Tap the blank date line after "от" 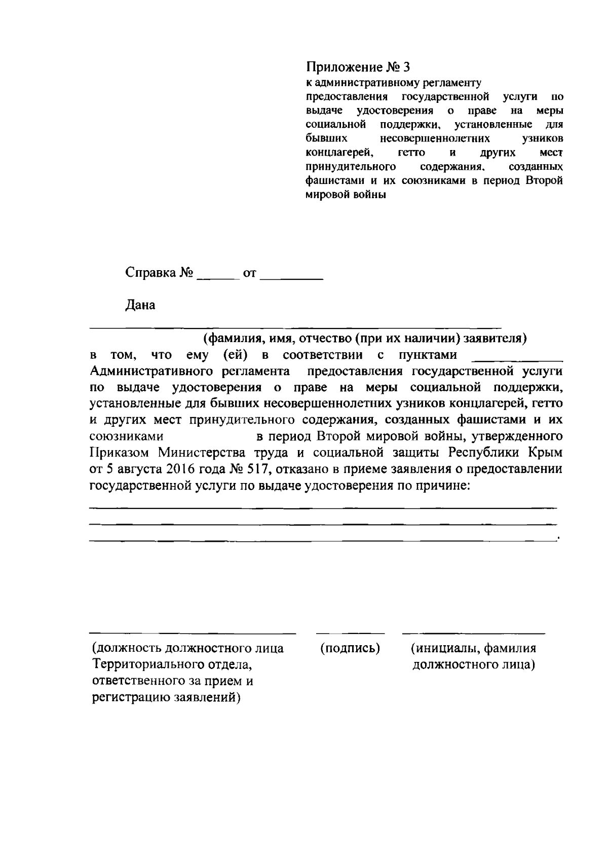[x=294, y=278]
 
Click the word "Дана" [x=140, y=305]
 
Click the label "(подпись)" [x=350, y=648]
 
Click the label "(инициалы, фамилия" [x=473, y=648]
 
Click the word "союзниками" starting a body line [x=126, y=436]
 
